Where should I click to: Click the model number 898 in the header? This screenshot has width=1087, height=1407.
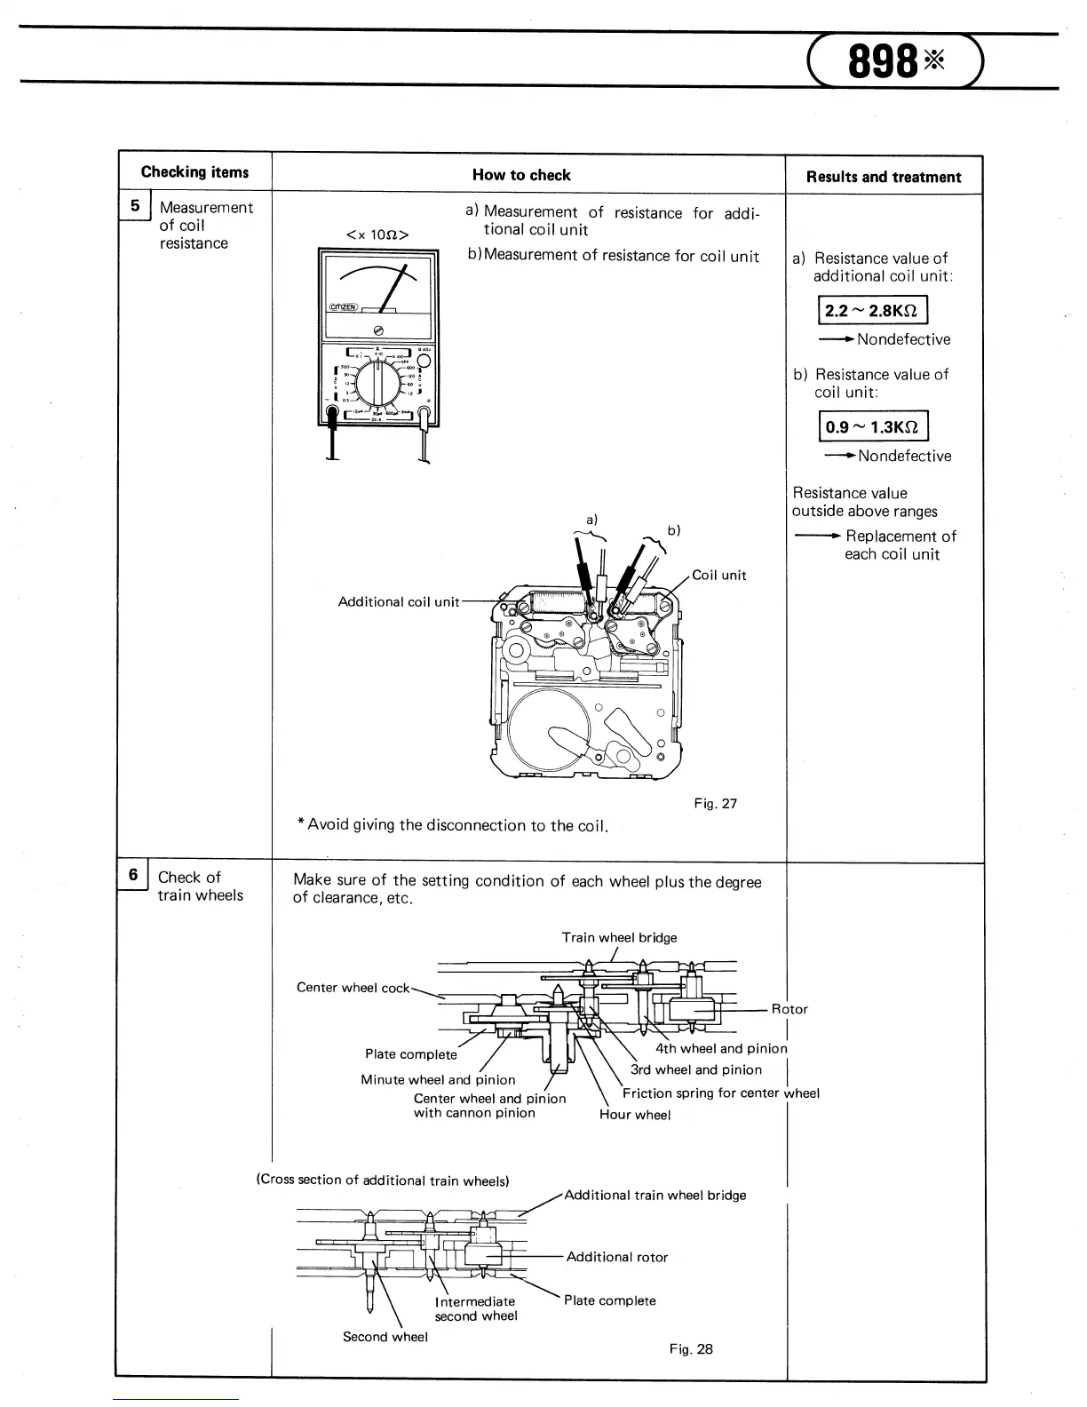click(x=883, y=62)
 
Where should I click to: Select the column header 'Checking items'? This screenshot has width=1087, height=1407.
click(x=194, y=172)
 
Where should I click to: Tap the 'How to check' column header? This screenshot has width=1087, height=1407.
click(x=521, y=175)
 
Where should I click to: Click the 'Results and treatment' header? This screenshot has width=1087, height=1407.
click(x=884, y=177)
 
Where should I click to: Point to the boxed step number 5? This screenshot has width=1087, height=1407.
click(x=135, y=206)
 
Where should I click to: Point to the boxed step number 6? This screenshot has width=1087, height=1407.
click(x=133, y=876)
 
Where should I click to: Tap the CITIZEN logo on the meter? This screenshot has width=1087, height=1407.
click(x=343, y=307)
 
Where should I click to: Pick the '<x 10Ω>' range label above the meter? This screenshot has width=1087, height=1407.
click(x=377, y=234)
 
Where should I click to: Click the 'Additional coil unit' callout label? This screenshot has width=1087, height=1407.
click(x=399, y=601)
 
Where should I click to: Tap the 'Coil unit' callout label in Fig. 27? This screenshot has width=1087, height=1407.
click(x=719, y=575)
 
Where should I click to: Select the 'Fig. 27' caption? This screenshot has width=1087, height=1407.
click(x=716, y=804)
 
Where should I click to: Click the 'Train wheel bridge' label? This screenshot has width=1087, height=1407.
click(x=619, y=937)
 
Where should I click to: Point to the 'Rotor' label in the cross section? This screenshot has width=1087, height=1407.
click(x=789, y=1009)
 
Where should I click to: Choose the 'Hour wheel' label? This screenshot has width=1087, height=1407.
click(x=635, y=1115)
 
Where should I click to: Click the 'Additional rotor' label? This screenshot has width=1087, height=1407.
click(x=617, y=1257)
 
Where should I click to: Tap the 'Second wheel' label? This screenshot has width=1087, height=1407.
click(x=385, y=1337)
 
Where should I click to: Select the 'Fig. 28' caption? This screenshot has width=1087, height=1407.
click(x=692, y=1349)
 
